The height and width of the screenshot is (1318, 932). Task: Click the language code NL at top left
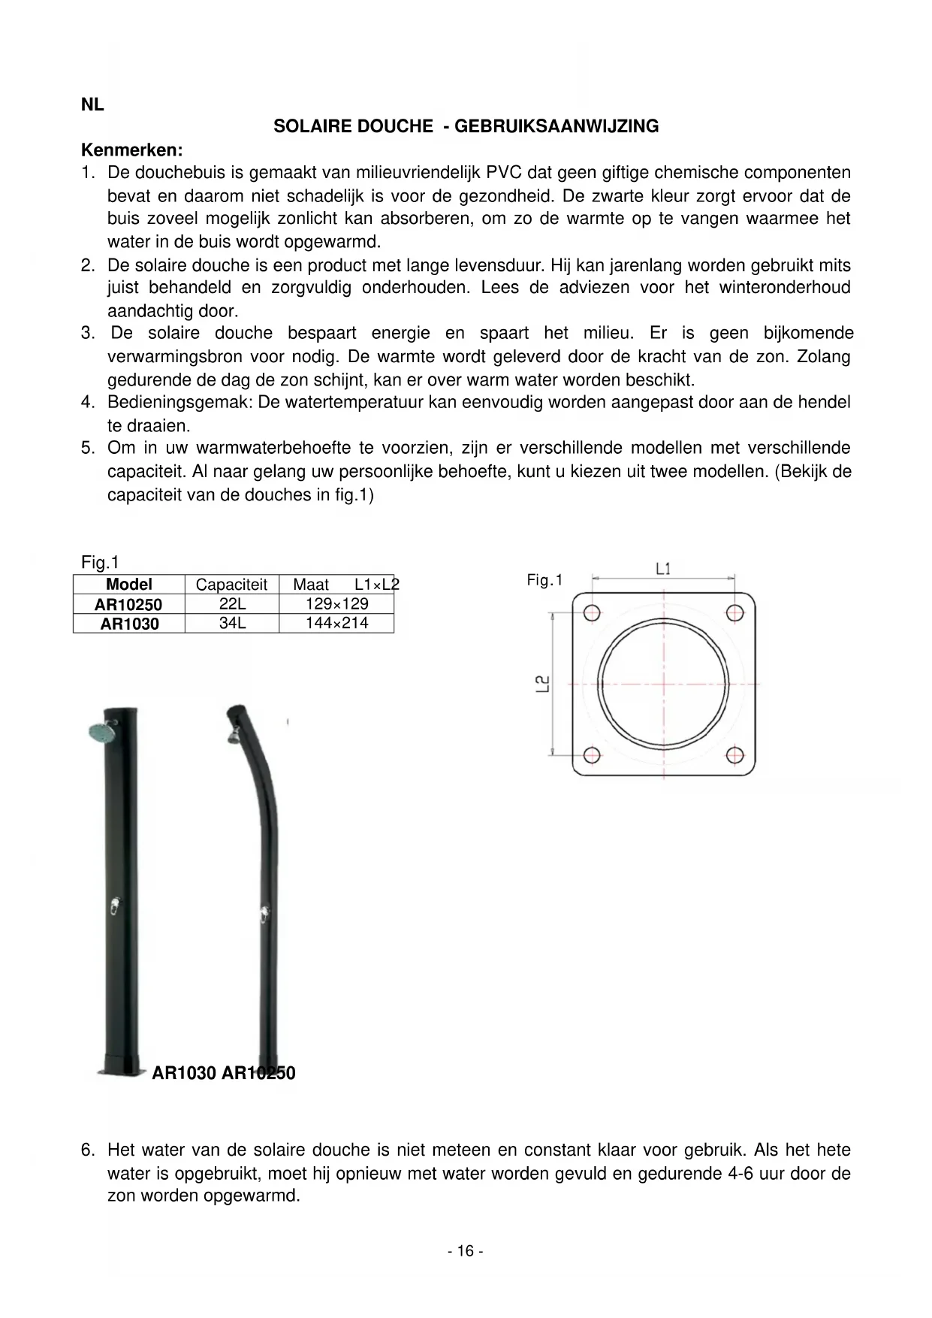click(x=92, y=105)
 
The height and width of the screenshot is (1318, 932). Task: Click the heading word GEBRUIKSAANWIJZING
click(x=556, y=126)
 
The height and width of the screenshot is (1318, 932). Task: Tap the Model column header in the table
click(x=129, y=585)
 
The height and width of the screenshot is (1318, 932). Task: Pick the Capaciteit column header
click(x=231, y=585)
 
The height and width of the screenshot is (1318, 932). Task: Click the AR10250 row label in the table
click(x=128, y=605)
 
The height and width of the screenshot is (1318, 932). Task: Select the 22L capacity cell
click(x=233, y=604)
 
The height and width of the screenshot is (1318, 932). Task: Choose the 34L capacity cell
click(x=233, y=623)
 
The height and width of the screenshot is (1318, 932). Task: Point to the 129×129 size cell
click(x=337, y=604)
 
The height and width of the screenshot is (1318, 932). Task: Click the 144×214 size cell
click(x=337, y=623)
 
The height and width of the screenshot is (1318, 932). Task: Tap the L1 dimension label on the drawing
click(x=663, y=569)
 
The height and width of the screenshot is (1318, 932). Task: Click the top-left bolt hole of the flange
click(x=592, y=612)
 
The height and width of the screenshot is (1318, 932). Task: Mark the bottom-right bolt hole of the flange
click(x=734, y=754)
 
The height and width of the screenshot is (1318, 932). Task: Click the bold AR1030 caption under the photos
click(x=184, y=1073)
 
